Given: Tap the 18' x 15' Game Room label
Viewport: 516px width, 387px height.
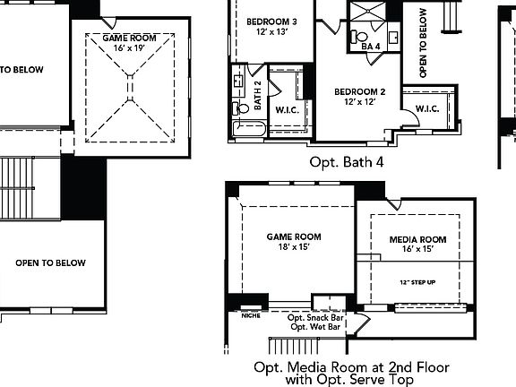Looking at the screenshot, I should click(x=294, y=242).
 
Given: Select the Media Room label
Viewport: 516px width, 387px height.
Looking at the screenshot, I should click(x=411, y=240).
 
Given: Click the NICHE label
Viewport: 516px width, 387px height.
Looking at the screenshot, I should click(x=252, y=314).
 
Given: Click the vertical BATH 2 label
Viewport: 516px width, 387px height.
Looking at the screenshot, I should click(x=257, y=95).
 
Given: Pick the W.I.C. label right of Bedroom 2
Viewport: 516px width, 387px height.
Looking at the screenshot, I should click(x=426, y=109).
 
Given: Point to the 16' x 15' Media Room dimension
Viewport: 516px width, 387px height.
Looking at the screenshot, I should click(x=411, y=250).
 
